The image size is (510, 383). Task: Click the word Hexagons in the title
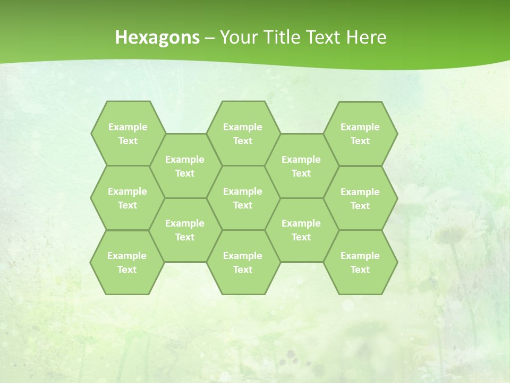[x=157, y=37]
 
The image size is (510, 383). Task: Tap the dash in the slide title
[x=210, y=38]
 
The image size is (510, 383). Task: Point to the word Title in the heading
[x=280, y=37]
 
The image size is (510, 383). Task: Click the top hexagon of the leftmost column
[x=127, y=134]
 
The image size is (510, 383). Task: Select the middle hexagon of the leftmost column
[x=127, y=198]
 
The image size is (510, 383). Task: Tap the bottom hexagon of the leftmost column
[x=127, y=262]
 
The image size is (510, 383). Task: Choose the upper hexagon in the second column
[x=185, y=166]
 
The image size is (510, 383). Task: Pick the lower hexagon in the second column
[x=185, y=230]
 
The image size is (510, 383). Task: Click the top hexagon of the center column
[x=243, y=134]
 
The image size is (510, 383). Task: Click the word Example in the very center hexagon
[x=243, y=191]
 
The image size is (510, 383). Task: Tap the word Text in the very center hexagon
[x=243, y=205]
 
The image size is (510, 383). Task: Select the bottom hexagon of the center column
[x=243, y=262]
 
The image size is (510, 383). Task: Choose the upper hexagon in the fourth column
[x=301, y=166]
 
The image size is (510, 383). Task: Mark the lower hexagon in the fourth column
[x=301, y=230]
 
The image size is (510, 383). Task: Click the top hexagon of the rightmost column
[x=360, y=134]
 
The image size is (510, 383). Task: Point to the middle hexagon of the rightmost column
[x=360, y=198]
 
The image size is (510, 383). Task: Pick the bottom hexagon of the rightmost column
[x=360, y=262]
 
